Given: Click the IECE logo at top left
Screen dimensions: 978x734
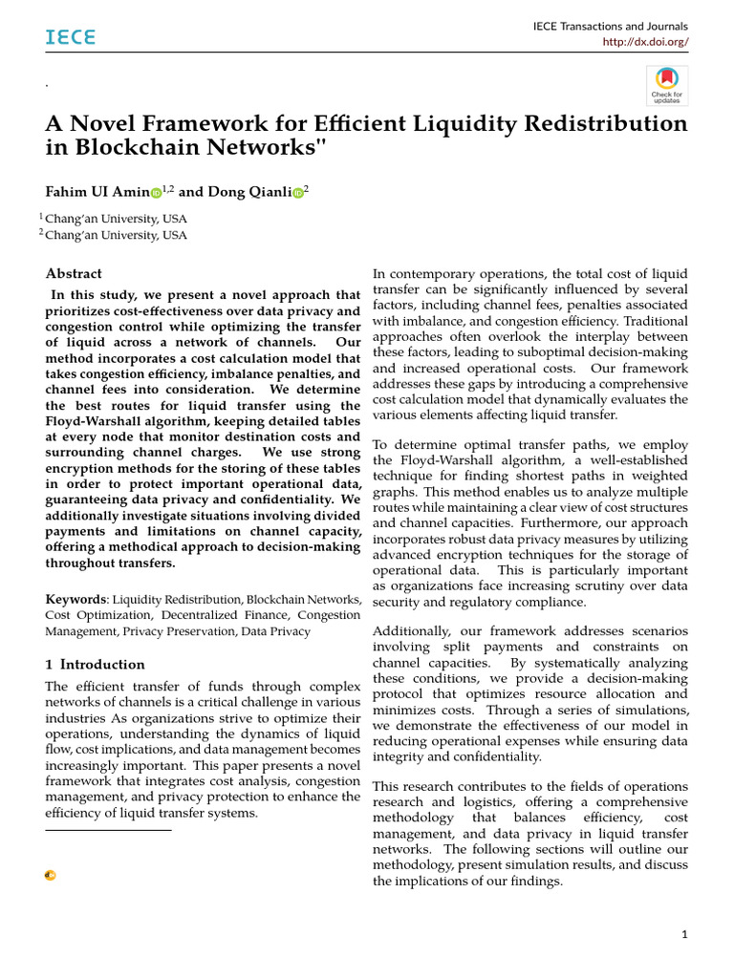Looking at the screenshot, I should (71, 37).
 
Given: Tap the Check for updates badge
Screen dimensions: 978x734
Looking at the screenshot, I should (666, 86).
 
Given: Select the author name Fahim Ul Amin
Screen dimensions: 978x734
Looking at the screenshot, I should (97, 192).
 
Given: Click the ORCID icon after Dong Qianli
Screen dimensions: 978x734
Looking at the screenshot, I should (297, 193).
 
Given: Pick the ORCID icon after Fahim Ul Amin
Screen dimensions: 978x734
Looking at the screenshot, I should (156, 193).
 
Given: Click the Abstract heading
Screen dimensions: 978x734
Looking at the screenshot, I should (75, 273).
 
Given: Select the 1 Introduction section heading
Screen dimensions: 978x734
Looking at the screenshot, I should (96, 665).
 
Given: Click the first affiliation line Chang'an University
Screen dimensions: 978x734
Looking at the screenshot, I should (116, 219).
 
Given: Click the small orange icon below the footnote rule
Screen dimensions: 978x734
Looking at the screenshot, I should (51, 875).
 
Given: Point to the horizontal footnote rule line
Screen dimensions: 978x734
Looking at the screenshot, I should (108, 831).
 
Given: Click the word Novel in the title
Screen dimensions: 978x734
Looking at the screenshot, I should (105, 124).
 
